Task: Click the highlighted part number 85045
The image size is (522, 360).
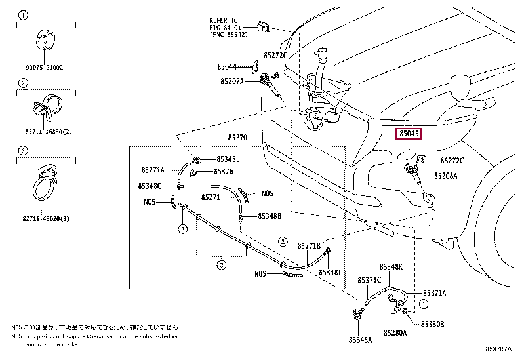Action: coord(408,134)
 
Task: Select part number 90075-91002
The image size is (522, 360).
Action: coord(45,68)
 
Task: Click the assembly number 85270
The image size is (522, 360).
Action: coord(237,138)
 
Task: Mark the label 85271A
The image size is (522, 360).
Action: coord(152,170)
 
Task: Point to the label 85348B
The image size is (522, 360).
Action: coord(269,216)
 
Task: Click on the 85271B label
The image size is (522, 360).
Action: coord(308,245)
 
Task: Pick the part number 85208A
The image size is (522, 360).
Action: coord(447,176)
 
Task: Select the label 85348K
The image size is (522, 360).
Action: coord(391,267)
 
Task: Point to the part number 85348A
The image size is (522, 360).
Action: coord(360,340)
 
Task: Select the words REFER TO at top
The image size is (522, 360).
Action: coord(225,21)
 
